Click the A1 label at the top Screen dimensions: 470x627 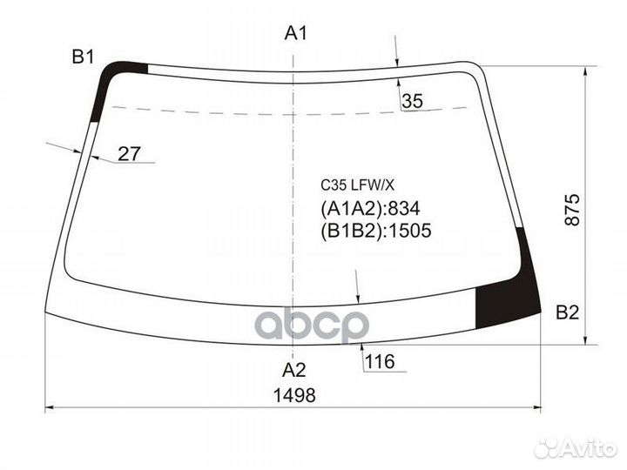297,34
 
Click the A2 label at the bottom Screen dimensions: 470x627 296,367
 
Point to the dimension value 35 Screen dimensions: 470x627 412,102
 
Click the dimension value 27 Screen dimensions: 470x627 129,154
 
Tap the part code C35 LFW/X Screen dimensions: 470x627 357,185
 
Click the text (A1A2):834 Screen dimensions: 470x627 370,209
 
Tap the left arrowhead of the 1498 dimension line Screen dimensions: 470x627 49,406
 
